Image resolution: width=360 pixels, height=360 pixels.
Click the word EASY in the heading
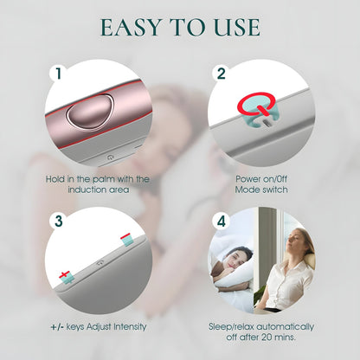(x=129, y=26)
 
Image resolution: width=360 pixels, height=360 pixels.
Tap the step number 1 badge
(x=59, y=74)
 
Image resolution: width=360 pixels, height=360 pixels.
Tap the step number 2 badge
(x=222, y=74)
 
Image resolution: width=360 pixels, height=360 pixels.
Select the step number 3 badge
(x=59, y=221)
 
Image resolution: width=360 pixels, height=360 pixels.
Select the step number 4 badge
(x=222, y=221)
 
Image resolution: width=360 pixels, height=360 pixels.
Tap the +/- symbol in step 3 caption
(x=60, y=326)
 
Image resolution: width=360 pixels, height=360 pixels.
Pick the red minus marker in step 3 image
(x=126, y=235)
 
